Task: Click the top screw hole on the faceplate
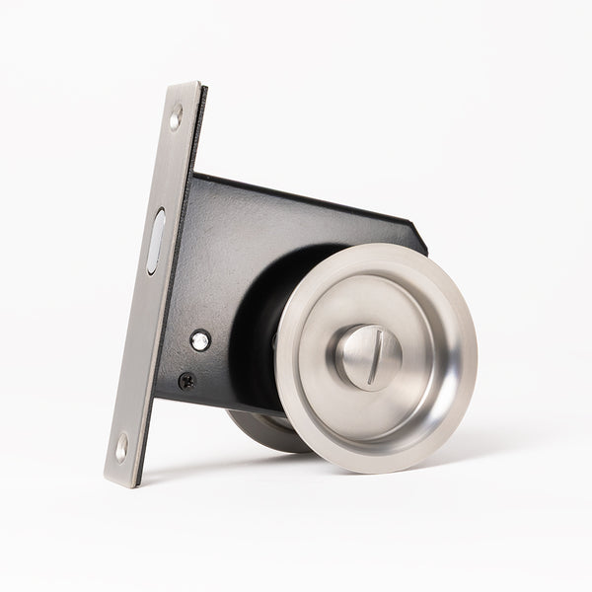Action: (176, 117)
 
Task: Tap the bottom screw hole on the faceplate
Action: (121, 447)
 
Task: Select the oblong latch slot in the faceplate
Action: (157, 241)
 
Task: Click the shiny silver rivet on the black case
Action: (200, 340)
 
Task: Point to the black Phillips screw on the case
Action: (185, 380)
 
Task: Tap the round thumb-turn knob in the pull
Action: (368, 356)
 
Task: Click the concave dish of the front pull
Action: (414, 395)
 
